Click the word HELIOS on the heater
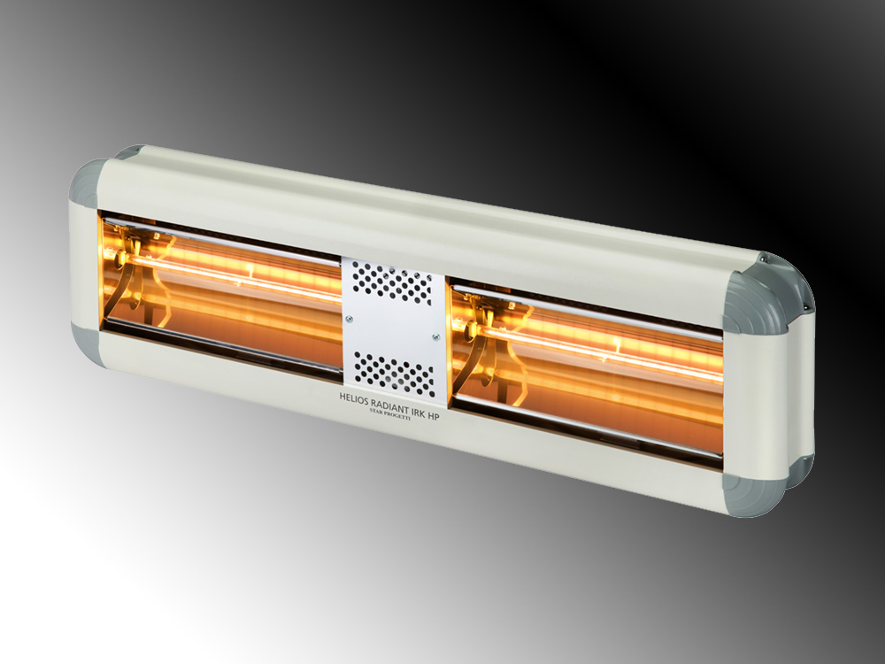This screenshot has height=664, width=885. coord(353,398)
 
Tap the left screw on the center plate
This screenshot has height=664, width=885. coord(349,319)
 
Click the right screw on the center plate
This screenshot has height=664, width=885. coord(435,337)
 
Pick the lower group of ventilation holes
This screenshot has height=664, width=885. coord(395,374)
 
